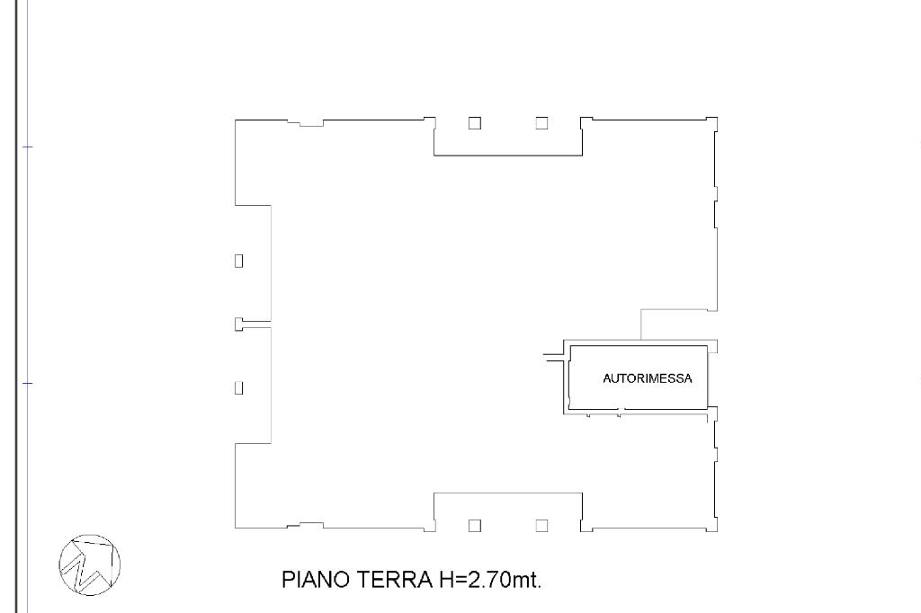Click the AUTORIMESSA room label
pos(648,378)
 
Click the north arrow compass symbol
pos(90,564)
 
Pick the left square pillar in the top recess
pos(475,123)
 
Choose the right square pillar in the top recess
pos(541,123)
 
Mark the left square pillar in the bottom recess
pos(475,526)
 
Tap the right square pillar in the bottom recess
pos(541,526)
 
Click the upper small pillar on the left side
pos(238,260)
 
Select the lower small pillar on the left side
pos(238,387)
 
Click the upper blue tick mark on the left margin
pos(28,147)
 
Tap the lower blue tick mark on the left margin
pos(28,384)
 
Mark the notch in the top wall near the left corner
pos(306,123)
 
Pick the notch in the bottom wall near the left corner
pos(306,526)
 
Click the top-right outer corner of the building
pos(717,118)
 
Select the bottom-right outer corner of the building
pos(717,531)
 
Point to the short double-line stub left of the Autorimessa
pos(553,357)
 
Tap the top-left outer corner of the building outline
pos(235,120)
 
